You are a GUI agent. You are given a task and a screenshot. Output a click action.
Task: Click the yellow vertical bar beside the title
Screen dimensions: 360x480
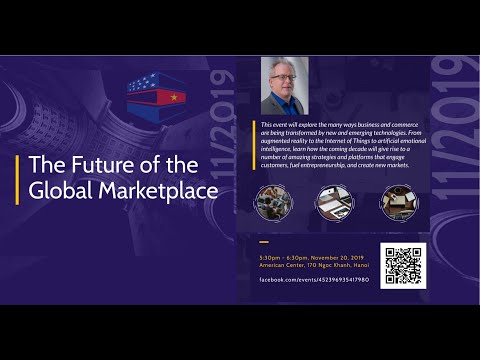pyautogui.click(x=17, y=177)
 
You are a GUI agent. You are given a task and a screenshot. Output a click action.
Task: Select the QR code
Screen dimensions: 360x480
pyautogui.click(x=403, y=266)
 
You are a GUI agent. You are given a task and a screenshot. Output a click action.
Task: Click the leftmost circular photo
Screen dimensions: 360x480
pyautogui.click(x=272, y=201)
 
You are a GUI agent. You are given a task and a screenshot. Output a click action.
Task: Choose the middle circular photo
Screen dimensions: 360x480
pyautogui.click(x=333, y=201)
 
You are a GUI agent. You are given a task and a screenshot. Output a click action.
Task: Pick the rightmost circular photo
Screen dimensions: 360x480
pyautogui.click(x=398, y=201)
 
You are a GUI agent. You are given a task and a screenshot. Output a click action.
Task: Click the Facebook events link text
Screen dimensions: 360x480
pyautogui.click(x=313, y=280)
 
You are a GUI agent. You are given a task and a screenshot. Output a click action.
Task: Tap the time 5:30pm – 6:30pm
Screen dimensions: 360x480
pyautogui.click(x=283, y=256)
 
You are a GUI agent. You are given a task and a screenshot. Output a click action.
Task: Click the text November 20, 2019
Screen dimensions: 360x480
pyautogui.click(x=335, y=256)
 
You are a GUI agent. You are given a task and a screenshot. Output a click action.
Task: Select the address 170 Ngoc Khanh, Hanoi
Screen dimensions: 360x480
pyautogui.click(x=338, y=264)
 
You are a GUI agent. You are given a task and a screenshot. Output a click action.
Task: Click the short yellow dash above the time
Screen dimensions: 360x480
pyautogui.click(x=264, y=242)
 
